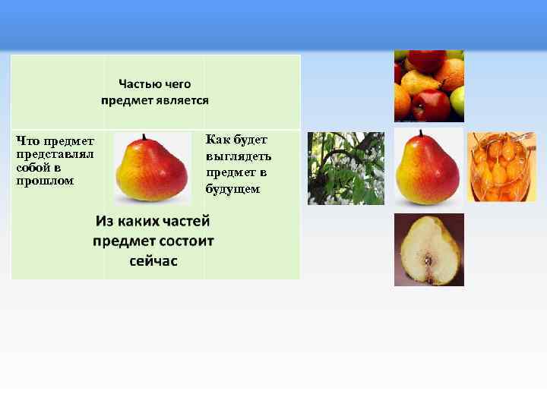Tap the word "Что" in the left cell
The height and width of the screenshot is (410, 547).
tap(28, 140)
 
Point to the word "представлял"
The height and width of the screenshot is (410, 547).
tap(54, 154)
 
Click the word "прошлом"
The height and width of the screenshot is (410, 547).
tap(45, 181)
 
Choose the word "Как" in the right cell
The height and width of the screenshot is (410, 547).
tap(218, 140)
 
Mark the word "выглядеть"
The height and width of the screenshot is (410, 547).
tap(238, 156)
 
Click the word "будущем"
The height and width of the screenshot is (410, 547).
tap(232, 188)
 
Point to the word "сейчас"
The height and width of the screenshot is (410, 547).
tap(153, 261)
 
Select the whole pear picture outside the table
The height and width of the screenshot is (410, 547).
tap(428, 167)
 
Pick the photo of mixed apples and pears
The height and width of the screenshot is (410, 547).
tap(428, 86)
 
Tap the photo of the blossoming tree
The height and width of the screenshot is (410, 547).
tap(346, 168)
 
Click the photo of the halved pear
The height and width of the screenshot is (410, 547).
tap(428, 250)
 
